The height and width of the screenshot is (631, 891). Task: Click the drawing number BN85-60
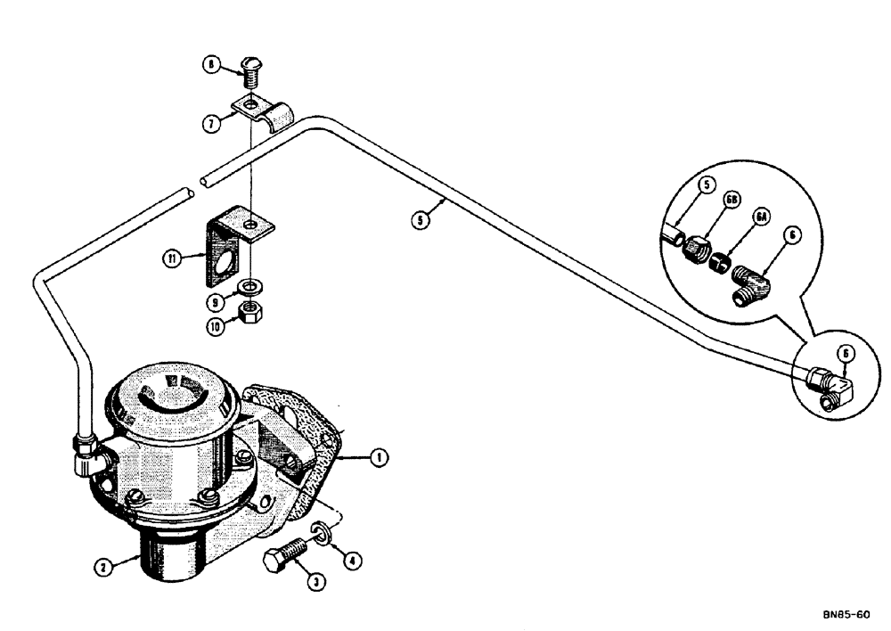coord(847,614)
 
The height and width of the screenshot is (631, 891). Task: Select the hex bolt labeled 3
coord(283,561)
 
